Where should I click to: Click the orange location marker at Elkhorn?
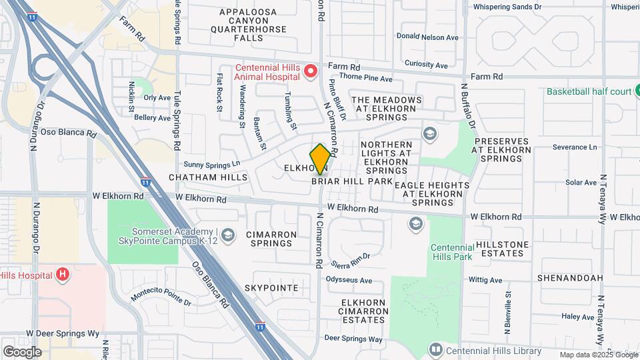coord(320,159)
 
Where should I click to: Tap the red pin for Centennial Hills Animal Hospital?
coord(310,71)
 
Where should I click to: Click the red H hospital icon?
coord(62,274)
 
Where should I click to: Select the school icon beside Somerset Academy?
coord(228,234)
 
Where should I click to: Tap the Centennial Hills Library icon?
coord(435,349)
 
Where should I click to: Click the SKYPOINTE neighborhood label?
coord(271,287)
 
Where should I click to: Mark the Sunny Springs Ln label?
coord(211,164)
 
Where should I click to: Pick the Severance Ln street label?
coord(574,147)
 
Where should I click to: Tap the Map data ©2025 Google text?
coord(598,355)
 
